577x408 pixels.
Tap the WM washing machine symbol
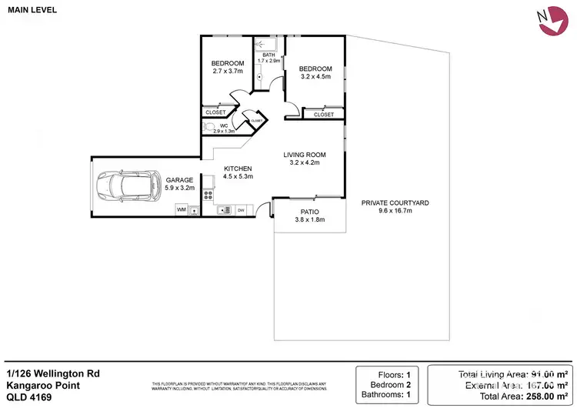point(182,209)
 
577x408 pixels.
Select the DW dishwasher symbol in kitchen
point(241,209)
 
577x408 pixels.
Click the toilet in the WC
point(208,127)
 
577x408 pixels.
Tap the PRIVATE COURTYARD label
point(395,202)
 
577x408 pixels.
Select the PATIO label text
point(310,212)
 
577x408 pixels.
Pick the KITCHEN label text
point(238,169)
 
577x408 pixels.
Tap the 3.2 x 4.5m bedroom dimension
point(315,76)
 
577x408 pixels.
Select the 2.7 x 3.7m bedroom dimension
point(228,72)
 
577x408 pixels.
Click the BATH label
point(268,55)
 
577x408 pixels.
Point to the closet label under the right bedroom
point(323,114)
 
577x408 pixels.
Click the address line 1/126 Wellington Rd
point(53,373)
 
